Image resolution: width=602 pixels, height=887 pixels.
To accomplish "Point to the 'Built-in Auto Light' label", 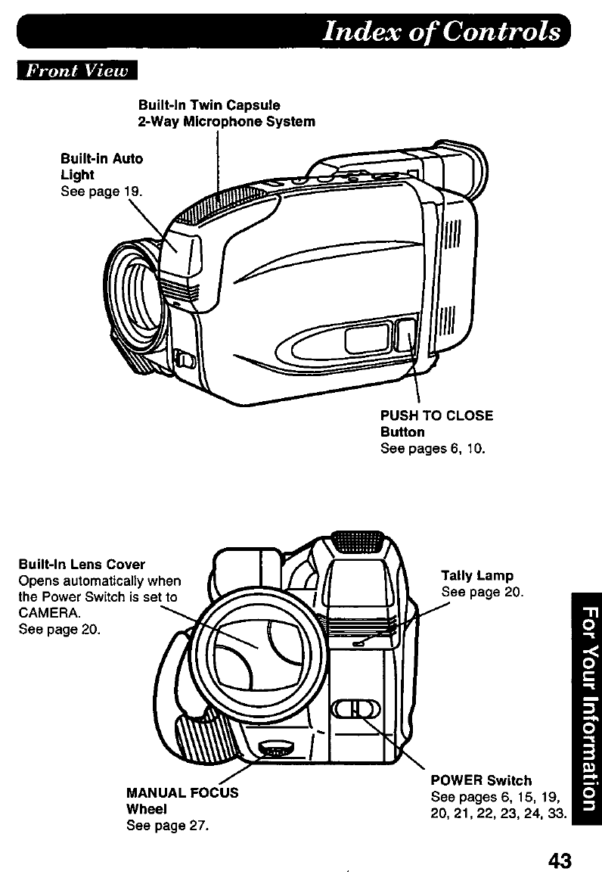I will (101, 167).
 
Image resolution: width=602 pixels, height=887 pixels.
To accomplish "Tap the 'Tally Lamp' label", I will (476, 576).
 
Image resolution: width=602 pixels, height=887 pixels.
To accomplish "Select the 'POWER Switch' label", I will (480, 780).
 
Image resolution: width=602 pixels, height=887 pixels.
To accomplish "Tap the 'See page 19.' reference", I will (101, 192).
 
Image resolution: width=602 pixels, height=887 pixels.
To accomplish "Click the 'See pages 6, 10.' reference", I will (432, 449).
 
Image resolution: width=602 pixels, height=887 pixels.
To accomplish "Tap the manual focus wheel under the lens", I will (278, 748).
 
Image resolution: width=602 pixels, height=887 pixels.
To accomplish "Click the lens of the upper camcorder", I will (138, 288).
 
